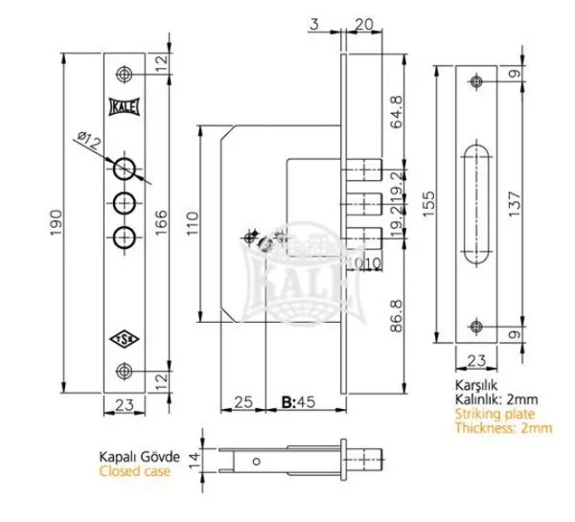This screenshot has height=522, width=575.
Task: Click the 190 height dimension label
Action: (56, 223)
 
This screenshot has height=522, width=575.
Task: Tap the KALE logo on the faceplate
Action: (125, 107)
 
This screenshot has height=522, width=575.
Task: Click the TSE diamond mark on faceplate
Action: (125, 340)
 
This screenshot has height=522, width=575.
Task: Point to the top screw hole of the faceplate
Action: (125, 75)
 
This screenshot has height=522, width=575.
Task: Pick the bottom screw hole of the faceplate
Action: (125, 371)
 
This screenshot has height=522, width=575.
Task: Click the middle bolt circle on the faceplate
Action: (125, 203)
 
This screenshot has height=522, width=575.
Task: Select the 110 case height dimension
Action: (193, 223)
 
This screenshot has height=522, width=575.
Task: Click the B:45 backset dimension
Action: (298, 401)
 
